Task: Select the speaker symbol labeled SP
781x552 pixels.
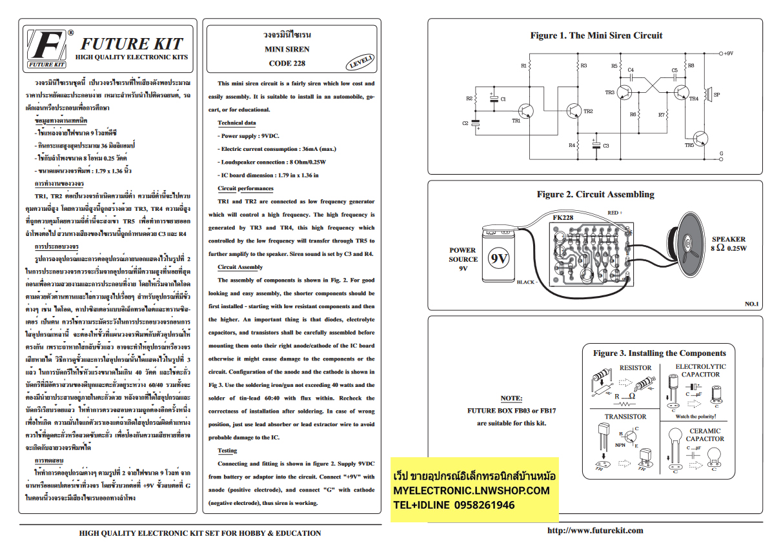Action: (708, 95)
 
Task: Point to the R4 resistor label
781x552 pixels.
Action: (571, 146)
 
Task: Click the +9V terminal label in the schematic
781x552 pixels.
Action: (728, 54)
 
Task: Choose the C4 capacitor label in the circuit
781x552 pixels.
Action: (631, 70)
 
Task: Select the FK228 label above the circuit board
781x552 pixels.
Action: (563, 218)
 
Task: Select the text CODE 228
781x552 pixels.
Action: (287, 63)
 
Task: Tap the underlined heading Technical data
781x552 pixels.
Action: (237, 123)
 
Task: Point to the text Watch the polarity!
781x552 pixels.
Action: (695, 417)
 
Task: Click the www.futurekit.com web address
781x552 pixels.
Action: (594, 530)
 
